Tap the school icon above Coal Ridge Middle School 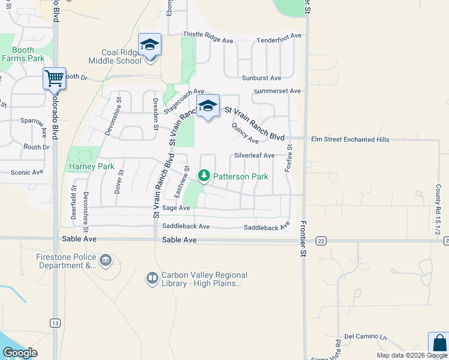tap(149, 45)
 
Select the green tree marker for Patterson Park tap(204, 176)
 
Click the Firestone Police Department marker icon tap(106, 260)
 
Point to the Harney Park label tap(91, 166)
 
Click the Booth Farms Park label tap(23, 55)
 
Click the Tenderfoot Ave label tap(279, 40)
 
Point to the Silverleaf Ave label tap(254, 155)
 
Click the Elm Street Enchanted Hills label tap(350, 139)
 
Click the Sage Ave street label tap(176, 208)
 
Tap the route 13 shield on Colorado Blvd tap(55, 323)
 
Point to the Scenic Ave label tap(27, 172)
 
